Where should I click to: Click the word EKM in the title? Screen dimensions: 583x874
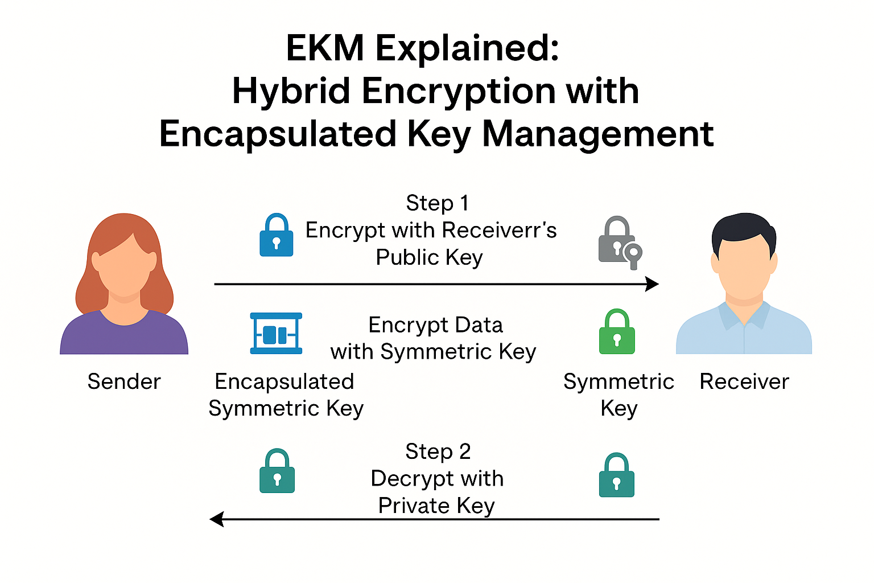tap(325, 48)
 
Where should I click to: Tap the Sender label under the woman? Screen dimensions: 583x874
tap(124, 381)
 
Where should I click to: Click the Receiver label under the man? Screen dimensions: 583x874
tap(744, 381)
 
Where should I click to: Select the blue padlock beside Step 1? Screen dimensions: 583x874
tap(277, 236)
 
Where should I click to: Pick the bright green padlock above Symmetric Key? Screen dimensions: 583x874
tap(617, 332)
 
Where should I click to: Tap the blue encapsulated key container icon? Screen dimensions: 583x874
tap(277, 333)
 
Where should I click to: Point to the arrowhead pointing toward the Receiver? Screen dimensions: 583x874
tap(653, 284)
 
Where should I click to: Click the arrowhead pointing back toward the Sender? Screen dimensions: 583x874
tap(217, 519)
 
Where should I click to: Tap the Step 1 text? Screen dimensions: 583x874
tap(437, 203)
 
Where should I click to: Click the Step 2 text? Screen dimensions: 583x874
tap(438, 451)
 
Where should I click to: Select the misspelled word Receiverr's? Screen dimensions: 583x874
tap(499, 230)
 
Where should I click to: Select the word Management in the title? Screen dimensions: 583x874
tap(597, 134)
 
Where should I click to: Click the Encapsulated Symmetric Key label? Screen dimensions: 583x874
tap(285, 395)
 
